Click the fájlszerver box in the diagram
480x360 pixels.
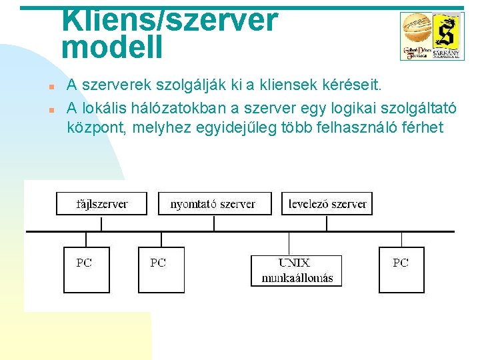click(x=101, y=203)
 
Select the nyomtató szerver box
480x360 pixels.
click(x=214, y=203)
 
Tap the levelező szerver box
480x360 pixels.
click(x=327, y=203)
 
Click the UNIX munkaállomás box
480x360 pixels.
click(x=296, y=270)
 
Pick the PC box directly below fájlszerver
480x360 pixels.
click(x=85, y=269)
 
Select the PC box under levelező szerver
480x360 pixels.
click(x=401, y=269)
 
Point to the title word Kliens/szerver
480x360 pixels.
click(x=170, y=20)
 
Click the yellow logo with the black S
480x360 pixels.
click(x=444, y=33)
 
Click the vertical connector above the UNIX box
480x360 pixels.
click(x=289, y=243)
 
